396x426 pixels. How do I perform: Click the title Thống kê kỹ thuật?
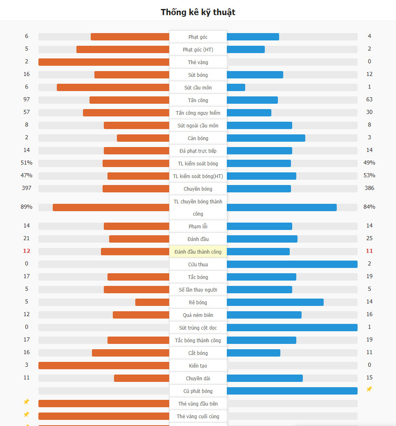click(198, 12)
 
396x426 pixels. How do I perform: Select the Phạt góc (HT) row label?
click(198, 50)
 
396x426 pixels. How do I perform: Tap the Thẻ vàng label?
click(198, 62)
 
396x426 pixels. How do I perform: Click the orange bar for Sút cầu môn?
click(113, 87)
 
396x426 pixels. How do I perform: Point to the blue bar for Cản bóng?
click(266, 138)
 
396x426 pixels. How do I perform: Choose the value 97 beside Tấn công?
click(27, 100)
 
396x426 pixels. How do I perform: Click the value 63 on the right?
click(369, 100)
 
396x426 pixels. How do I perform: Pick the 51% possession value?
click(27, 163)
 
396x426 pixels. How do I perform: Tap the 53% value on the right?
click(369, 176)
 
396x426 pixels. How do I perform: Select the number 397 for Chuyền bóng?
click(27, 188)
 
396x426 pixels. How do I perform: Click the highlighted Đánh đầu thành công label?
click(198, 252)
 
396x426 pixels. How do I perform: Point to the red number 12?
click(27, 251)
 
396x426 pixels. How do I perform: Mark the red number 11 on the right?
click(369, 251)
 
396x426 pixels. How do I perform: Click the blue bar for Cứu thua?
click(292, 264)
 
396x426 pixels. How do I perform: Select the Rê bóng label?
click(198, 303)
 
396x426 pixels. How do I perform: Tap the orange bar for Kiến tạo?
click(104, 366)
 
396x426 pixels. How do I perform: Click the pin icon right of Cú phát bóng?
click(369, 389)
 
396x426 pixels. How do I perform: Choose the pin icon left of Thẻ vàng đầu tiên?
click(27, 402)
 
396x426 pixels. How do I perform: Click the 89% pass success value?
click(27, 207)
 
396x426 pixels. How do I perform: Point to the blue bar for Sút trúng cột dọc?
click(292, 328)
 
